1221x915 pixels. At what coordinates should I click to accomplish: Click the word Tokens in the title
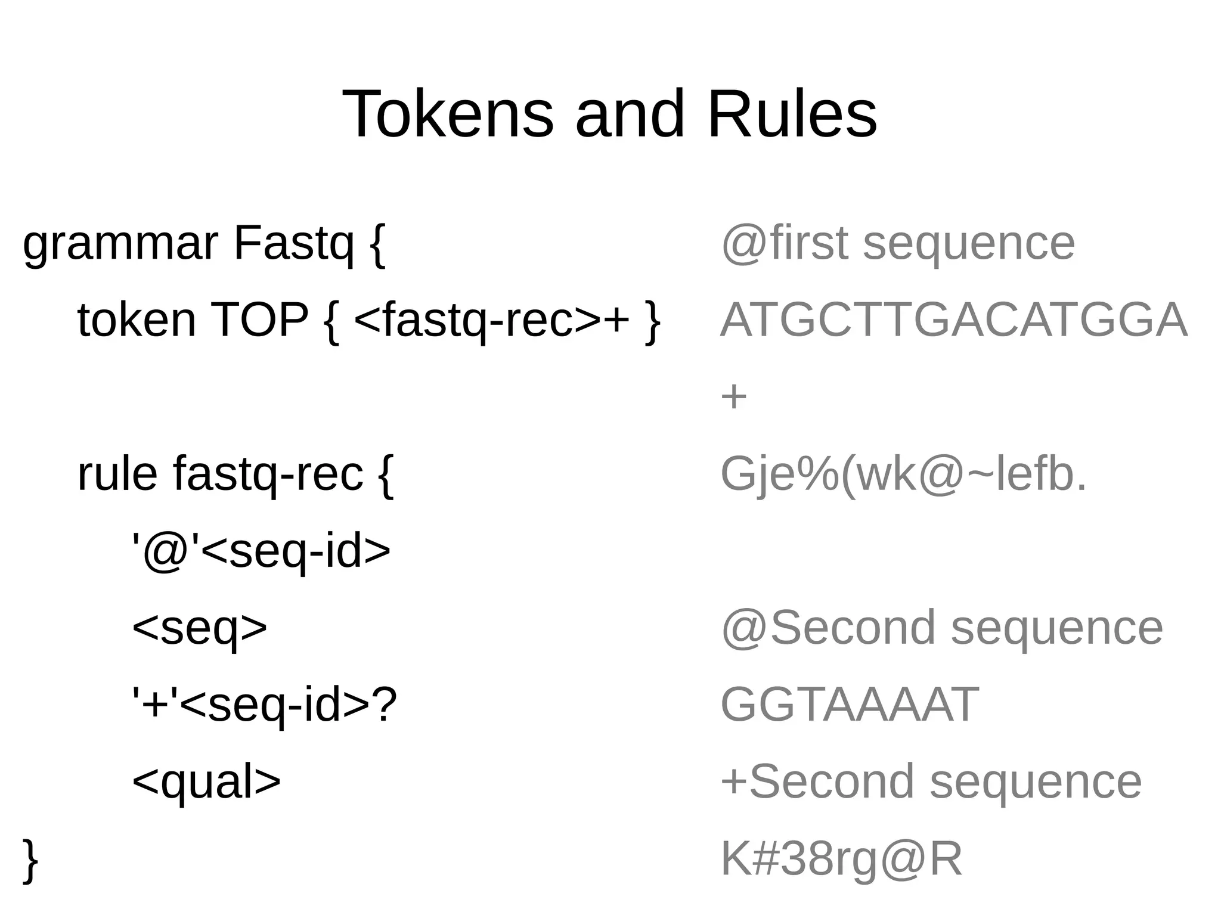pos(448,114)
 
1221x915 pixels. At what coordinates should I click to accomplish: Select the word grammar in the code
pos(120,245)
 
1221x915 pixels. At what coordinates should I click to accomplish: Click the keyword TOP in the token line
pos(259,320)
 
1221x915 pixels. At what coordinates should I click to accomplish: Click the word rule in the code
pos(117,474)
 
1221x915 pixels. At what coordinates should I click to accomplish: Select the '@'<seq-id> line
pos(261,551)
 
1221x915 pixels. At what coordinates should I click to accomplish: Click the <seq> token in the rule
pos(199,628)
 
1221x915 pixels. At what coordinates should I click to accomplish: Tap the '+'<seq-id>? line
pos(264,705)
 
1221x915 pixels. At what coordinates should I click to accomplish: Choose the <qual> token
pos(206,781)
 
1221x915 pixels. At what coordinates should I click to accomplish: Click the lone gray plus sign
pos(733,397)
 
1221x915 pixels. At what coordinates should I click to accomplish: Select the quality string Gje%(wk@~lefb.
pos(903,474)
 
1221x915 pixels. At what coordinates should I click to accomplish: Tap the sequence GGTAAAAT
pos(850,705)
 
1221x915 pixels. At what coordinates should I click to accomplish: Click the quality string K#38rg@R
pos(841,858)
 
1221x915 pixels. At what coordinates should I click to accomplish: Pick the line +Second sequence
pos(931,781)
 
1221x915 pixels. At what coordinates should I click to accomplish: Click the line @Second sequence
pos(941,628)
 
